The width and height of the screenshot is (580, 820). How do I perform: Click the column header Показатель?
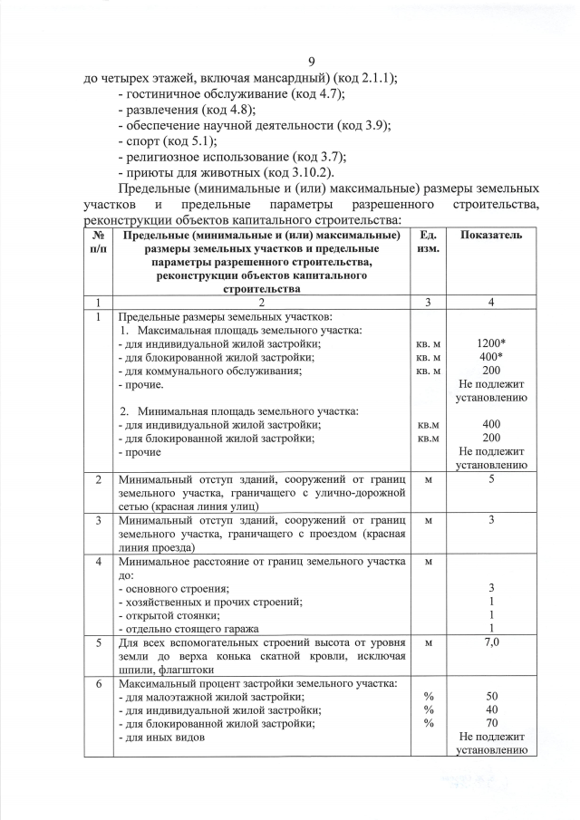click(490, 235)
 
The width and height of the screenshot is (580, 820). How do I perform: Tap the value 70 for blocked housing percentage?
click(491, 724)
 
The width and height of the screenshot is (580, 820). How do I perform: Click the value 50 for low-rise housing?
click(491, 697)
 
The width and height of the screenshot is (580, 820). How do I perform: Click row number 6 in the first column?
click(96, 683)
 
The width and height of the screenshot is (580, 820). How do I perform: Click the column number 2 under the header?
click(260, 302)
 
